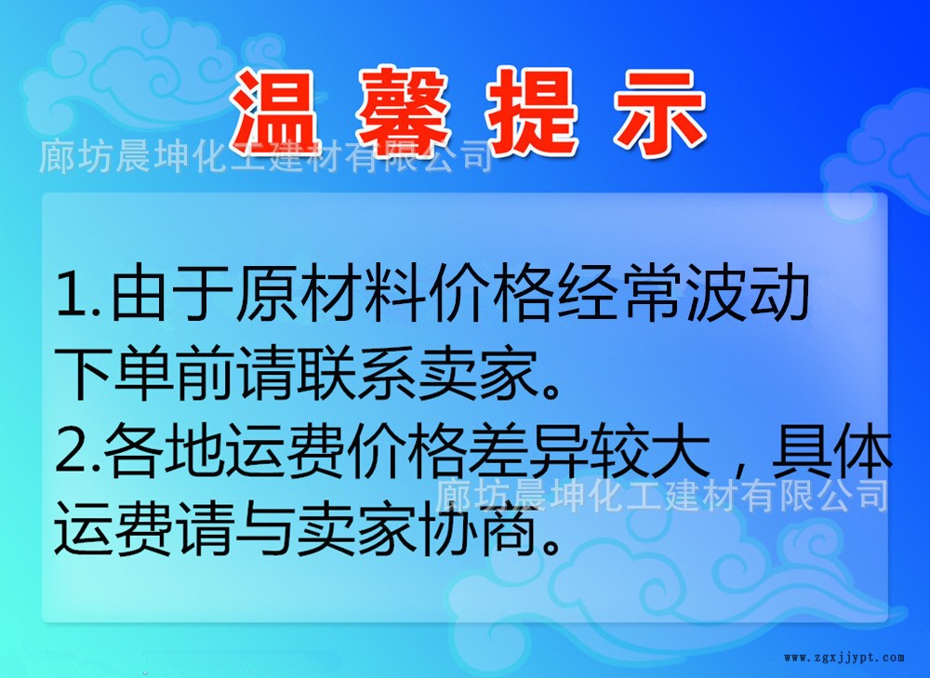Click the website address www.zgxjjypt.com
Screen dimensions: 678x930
(x=844, y=658)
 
